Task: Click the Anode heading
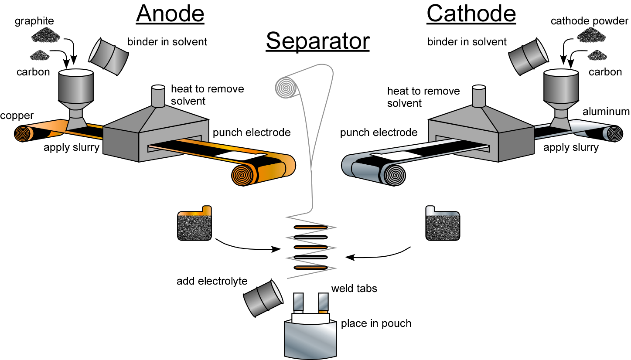pyautogui.click(x=170, y=14)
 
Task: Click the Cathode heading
pyautogui.click(x=471, y=14)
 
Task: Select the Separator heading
pyautogui.click(x=317, y=41)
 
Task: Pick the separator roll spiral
pyautogui.click(x=286, y=88)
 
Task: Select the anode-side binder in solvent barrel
pyautogui.click(x=109, y=55)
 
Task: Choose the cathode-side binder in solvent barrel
pyautogui.click(x=528, y=55)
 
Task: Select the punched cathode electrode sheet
pyautogui.click(x=443, y=223)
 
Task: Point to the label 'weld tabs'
pyautogui.click(x=354, y=289)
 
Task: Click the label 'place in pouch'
pyautogui.click(x=376, y=323)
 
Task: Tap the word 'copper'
pyautogui.click(x=17, y=115)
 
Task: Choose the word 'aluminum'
pyautogui.click(x=606, y=112)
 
